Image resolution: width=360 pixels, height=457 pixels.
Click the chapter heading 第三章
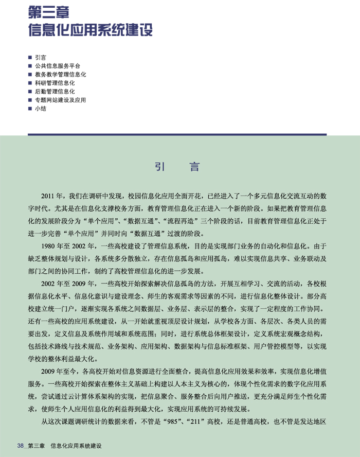point(50,10)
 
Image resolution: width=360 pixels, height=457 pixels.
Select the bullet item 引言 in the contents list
point(41,58)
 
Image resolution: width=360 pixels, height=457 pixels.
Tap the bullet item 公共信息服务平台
point(58,66)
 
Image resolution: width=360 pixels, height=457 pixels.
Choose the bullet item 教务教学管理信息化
point(60,74)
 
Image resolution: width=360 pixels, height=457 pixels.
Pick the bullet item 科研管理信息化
point(55,82)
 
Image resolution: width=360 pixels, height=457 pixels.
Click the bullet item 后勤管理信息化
point(55,91)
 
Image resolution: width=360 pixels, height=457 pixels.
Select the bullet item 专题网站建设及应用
point(60,100)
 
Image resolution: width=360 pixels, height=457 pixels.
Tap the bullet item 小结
point(41,108)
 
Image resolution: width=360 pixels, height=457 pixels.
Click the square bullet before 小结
point(30,109)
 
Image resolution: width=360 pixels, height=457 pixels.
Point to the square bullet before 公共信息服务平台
point(30,66)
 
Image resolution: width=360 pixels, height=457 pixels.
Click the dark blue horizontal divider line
point(177,134)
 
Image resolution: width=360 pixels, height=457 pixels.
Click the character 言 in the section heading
point(194,167)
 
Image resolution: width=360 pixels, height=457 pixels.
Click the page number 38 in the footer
point(21,446)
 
